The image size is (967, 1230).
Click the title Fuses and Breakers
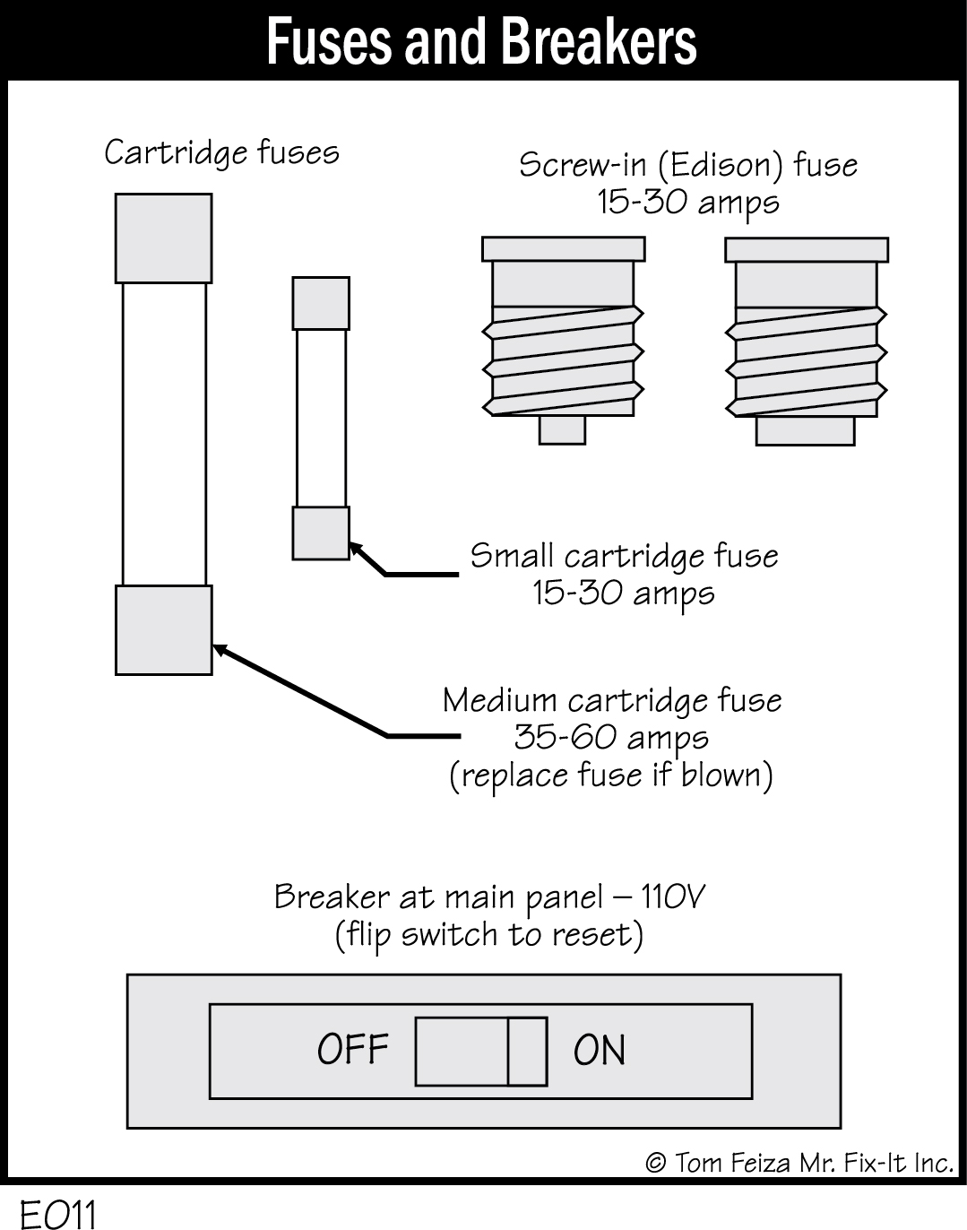pyautogui.click(x=481, y=41)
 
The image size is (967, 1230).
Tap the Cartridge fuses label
pyautogui.click(x=221, y=152)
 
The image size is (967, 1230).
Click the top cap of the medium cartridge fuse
pyautogui.click(x=164, y=238)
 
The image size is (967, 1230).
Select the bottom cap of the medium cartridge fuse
pyautogui.click(x=164, y=629)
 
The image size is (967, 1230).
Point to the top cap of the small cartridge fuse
pyautogui.click(x=321, y=303)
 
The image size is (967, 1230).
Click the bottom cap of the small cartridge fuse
pyautogui.click(x=321, y=533)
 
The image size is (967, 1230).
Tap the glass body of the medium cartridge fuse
pyautogui.click(x=164, y=435)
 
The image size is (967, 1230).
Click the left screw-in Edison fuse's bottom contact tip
pyautogui.click(x=562, y=430)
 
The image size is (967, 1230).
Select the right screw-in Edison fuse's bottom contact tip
pyautogui.click(x=805, y=431)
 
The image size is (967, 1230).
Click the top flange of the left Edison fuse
pyautogui.click(x=563, y=248)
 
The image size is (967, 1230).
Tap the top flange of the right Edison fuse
pyautogui.click(x=806, y=249)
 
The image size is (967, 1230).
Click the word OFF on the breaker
pyautogui.click(x=353, y=1049)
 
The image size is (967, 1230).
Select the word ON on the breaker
pyautogui.click(x=600, y=1050)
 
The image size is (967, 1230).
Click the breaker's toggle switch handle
pyautogui.click(x=481, y=1051)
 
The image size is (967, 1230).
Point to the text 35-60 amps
pyautogui.click(x=611, y=738)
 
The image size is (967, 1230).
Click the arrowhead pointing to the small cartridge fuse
pyautogui.click(x=356, y=548)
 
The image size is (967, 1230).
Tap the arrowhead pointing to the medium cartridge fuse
pyautogui.click(x=220, y=650)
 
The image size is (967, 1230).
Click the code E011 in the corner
pyautogui.click(x=58, y=1215)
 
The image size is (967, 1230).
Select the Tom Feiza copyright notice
pyautogui.click(x=799, y=1163)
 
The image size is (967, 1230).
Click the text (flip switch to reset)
pyautogui.click(x=489, y=935)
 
